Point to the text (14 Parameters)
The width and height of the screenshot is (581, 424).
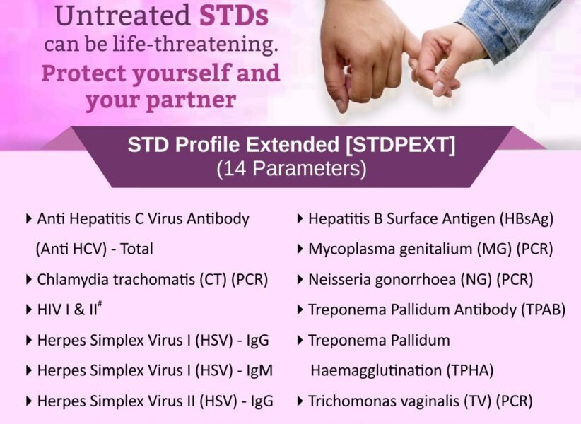point(291,169)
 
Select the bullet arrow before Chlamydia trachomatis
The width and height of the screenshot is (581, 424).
point(28,280)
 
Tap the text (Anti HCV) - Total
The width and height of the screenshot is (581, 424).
point(94,249)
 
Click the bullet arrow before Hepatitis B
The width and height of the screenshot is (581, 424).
point(300,219)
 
